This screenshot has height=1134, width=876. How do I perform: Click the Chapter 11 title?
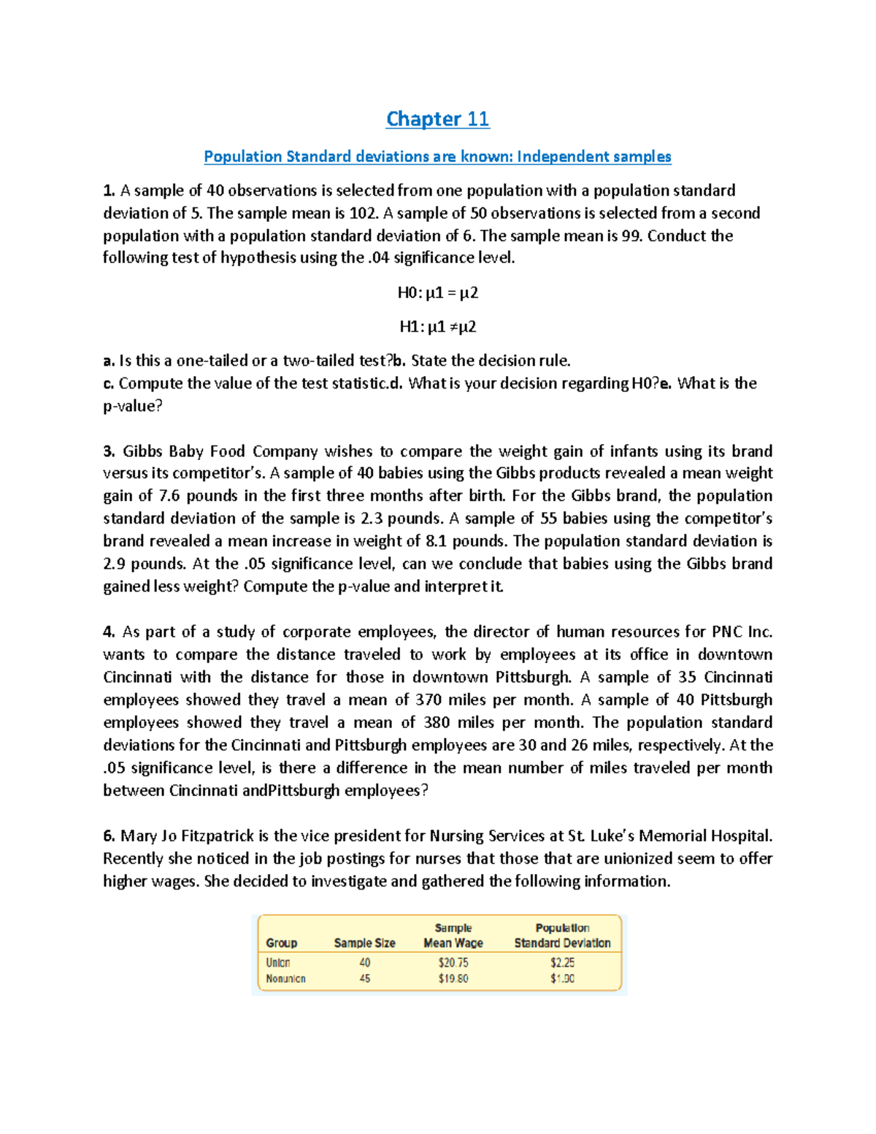[437, 119]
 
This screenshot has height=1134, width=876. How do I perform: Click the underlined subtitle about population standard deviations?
[437, 156]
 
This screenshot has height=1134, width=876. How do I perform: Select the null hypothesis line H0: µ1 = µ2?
[437, 293]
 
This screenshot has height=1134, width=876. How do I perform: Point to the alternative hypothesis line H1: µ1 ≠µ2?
[437, 326]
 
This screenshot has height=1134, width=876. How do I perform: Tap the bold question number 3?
[109, 451]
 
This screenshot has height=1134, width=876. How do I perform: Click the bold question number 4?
[109, 632]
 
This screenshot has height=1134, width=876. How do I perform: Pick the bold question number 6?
[109, 835]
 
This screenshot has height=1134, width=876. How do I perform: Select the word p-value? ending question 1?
[132, 406]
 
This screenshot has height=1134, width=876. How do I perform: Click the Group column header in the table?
[281, 943]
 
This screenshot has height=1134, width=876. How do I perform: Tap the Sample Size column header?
[364, 943]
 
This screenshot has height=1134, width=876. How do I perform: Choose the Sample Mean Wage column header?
[453, 935]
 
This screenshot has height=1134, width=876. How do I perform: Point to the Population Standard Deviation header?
[562, 935]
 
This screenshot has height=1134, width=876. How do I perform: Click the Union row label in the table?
[278, 962]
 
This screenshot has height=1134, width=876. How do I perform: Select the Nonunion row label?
[285, 978]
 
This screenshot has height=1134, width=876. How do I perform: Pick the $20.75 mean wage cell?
[453, 962]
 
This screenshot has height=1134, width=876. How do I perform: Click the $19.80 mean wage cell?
[453, 978]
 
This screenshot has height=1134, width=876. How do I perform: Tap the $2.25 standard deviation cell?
[562, 962]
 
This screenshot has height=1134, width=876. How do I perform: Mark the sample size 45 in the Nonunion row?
[364, 978]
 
